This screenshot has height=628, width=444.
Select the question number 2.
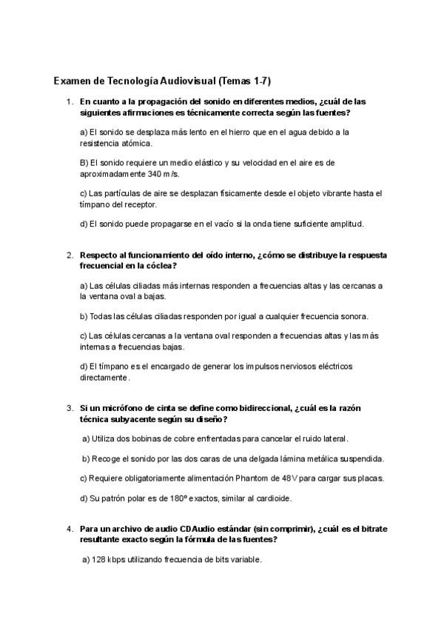pos(69,255)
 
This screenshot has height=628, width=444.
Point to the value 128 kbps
pos(112,560)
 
